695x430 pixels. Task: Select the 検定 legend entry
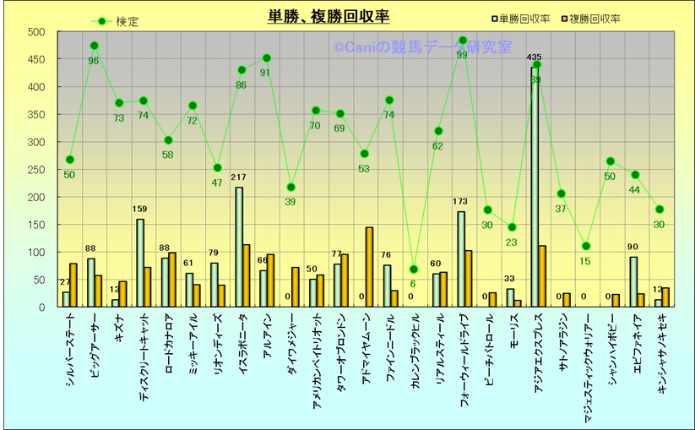117,21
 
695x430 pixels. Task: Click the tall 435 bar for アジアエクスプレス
535,187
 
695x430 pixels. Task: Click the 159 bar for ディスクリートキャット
140,263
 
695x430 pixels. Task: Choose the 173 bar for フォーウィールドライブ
461,259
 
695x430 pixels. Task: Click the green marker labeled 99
462,41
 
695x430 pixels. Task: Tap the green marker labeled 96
94,46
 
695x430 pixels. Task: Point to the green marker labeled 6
413,269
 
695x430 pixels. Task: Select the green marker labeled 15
586,246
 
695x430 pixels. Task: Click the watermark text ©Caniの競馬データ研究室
422,47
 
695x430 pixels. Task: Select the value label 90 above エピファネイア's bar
633,247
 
